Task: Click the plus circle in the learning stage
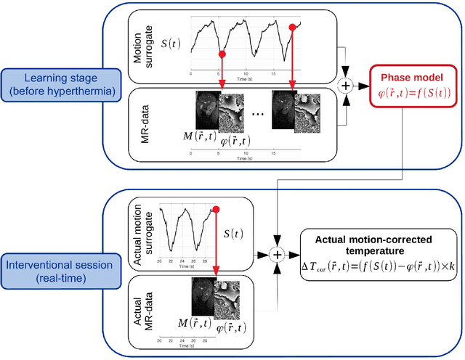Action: [x=346, y=86]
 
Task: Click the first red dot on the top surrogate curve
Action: [x=222, y=54]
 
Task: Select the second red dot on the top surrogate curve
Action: [x=293, y=27]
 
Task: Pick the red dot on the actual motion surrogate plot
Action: [x=216, y=210]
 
